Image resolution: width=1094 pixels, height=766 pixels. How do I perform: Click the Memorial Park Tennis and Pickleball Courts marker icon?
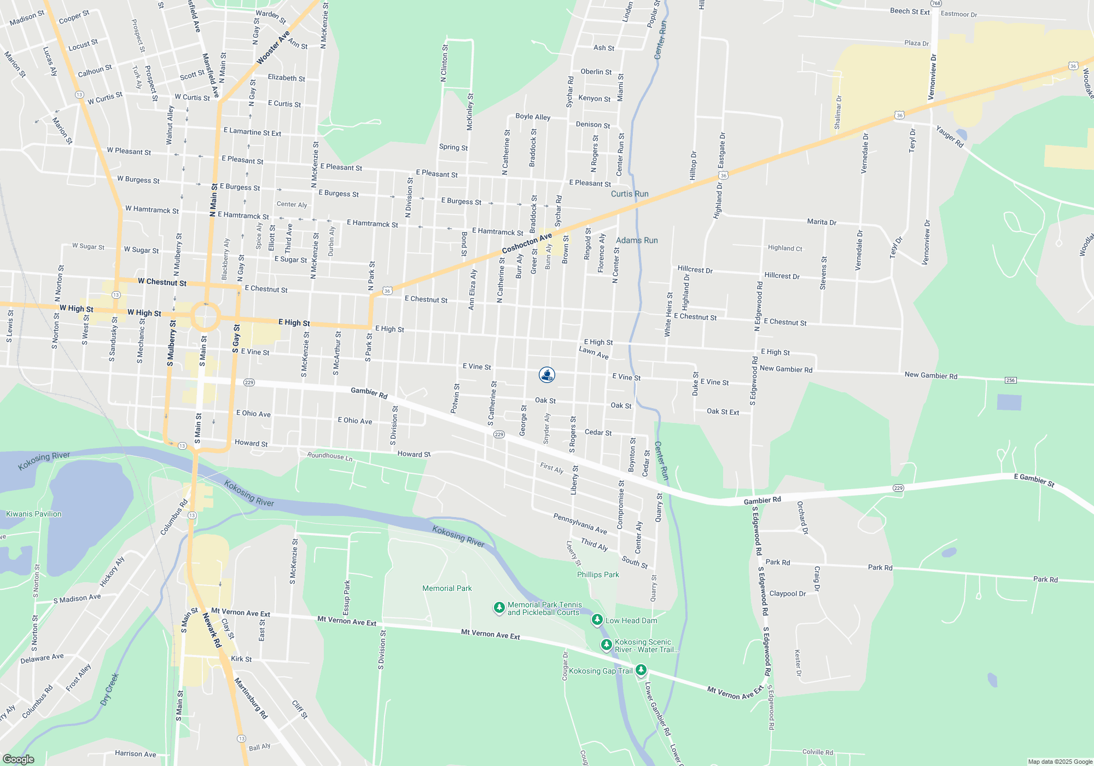point(499,607)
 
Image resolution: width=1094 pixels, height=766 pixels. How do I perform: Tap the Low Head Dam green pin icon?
point(597,619)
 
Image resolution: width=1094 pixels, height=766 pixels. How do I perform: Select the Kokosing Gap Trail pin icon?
point(641,670)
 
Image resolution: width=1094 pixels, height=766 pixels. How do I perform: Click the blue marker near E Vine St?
point(547,374)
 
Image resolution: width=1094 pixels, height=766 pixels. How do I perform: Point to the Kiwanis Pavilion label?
point(34,514)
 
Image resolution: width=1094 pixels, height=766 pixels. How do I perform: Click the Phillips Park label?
point(598,574)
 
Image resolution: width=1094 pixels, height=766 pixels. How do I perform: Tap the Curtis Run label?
point(630,194)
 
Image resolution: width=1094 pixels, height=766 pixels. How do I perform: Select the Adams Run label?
point(637,240)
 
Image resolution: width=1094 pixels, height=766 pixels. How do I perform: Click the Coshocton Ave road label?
point(527,243)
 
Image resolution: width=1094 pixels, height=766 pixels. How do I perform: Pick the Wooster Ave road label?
point(273,48)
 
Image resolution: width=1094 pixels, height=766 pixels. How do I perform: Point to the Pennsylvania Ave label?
point(580,524)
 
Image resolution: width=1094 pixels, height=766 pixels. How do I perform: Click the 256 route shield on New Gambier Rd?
point(1010,380)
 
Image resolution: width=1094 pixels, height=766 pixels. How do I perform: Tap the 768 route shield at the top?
point(936,3)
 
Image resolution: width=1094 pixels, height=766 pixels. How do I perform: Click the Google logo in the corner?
point(19,759)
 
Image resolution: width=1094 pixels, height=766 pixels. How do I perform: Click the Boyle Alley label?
point(533,117)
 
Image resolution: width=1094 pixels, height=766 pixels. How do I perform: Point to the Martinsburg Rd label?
point(251,698)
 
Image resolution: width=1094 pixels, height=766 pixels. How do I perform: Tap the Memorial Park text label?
point(447,588)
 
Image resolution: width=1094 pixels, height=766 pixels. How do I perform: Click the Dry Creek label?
point(110,689)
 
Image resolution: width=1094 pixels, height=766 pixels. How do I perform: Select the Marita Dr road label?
point(822,222)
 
